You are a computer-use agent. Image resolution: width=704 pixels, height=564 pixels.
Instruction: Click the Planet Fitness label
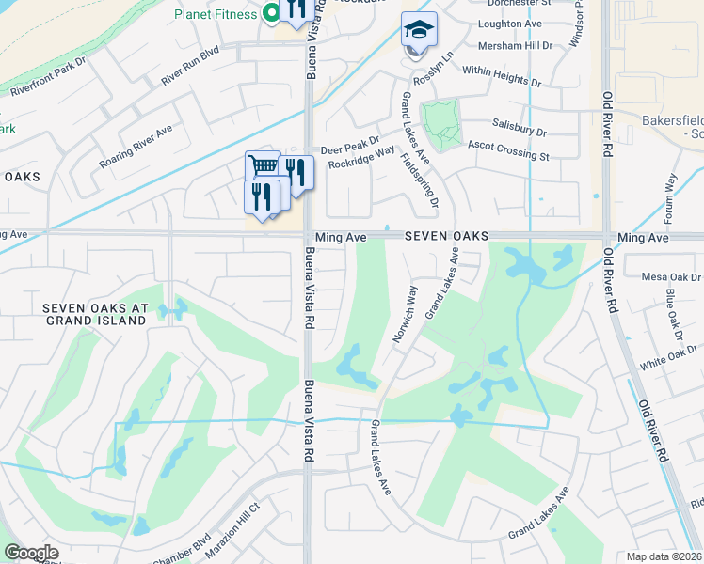216,14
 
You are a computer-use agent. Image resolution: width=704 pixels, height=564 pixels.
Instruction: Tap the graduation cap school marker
419,30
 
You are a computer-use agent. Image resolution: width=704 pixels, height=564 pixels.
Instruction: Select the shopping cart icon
264,166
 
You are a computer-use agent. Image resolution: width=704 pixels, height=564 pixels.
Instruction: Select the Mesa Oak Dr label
671,277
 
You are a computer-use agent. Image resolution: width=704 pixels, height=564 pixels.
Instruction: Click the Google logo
31,553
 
